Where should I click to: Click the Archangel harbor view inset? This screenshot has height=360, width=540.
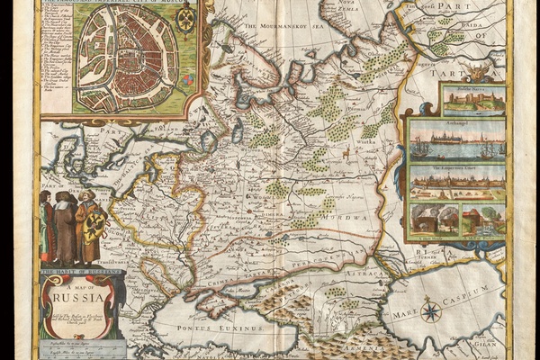[x=455, y=140]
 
